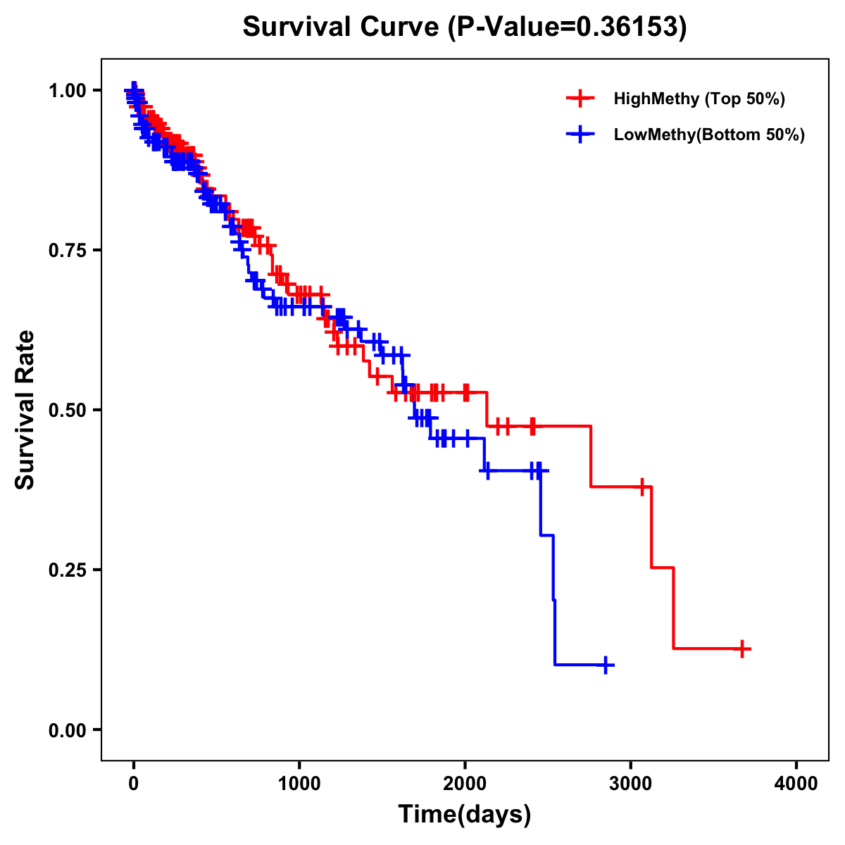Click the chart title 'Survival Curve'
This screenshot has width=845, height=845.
344,27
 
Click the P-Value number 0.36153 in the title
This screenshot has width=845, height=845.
628,27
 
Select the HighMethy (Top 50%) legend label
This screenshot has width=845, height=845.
699,99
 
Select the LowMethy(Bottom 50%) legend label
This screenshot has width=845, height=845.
709,134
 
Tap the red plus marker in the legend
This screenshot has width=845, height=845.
580,99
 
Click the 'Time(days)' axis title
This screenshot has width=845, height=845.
465,815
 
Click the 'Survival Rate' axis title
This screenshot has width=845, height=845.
25,410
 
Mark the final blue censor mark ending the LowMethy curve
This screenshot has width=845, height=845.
606,665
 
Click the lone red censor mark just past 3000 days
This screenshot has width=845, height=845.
642,487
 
